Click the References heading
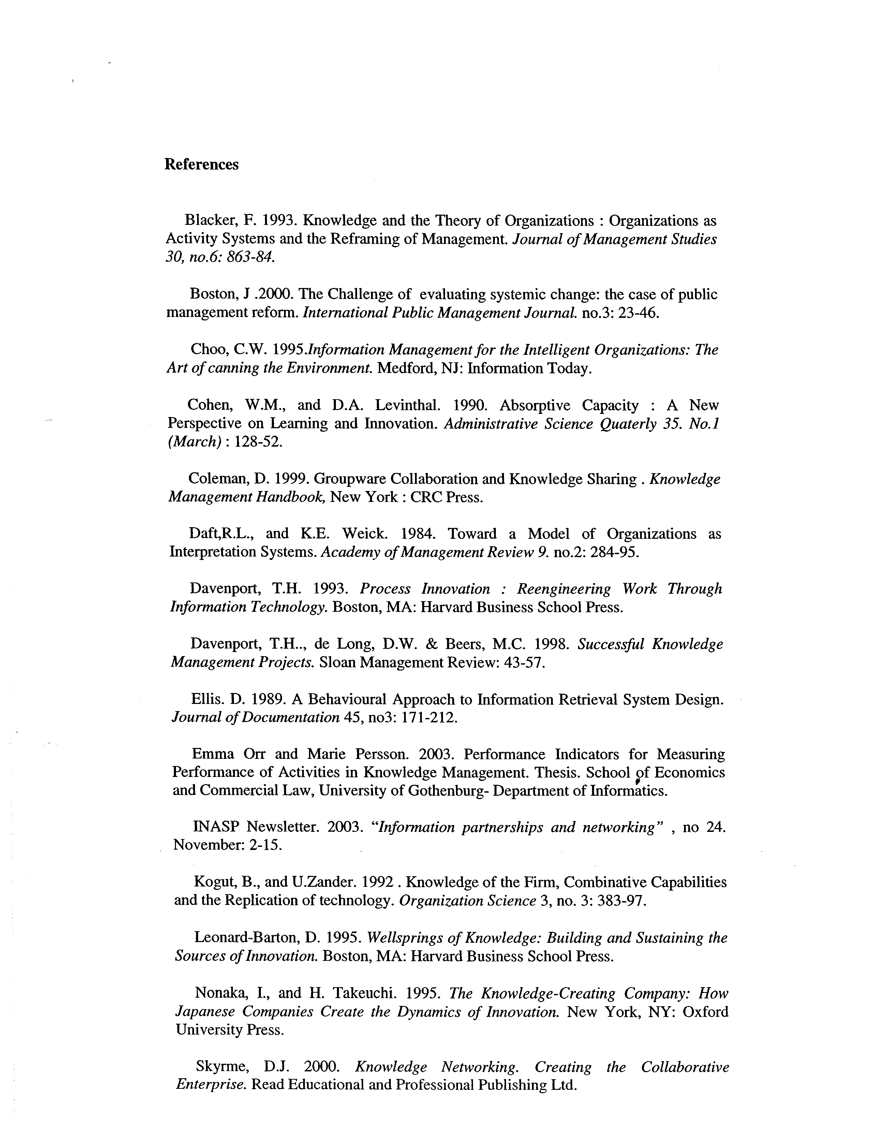[202, 164]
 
